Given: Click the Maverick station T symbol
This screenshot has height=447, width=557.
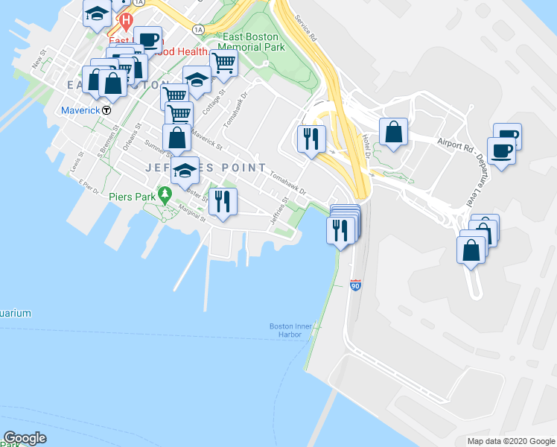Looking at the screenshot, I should (106, 110).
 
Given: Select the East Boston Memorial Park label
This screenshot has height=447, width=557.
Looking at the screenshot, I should (254, 41).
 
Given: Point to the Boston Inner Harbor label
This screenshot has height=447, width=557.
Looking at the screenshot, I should (285, 330).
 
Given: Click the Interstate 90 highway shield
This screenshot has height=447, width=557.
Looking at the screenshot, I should (355, 285).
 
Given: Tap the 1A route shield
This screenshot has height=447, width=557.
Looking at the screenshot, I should (197, 29).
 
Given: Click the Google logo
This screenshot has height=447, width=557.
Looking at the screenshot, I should (25, 438).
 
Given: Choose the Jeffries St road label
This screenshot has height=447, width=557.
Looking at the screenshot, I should (279, 208).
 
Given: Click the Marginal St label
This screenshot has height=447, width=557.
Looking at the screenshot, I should (191, 216).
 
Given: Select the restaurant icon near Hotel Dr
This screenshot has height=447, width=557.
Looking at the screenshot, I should (311, 138).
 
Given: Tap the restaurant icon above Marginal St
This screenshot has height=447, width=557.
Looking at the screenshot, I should (223, 200).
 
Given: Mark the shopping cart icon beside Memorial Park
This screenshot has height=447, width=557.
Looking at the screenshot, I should (223, 63).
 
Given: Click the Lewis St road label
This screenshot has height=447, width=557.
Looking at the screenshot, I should (77, 162).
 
